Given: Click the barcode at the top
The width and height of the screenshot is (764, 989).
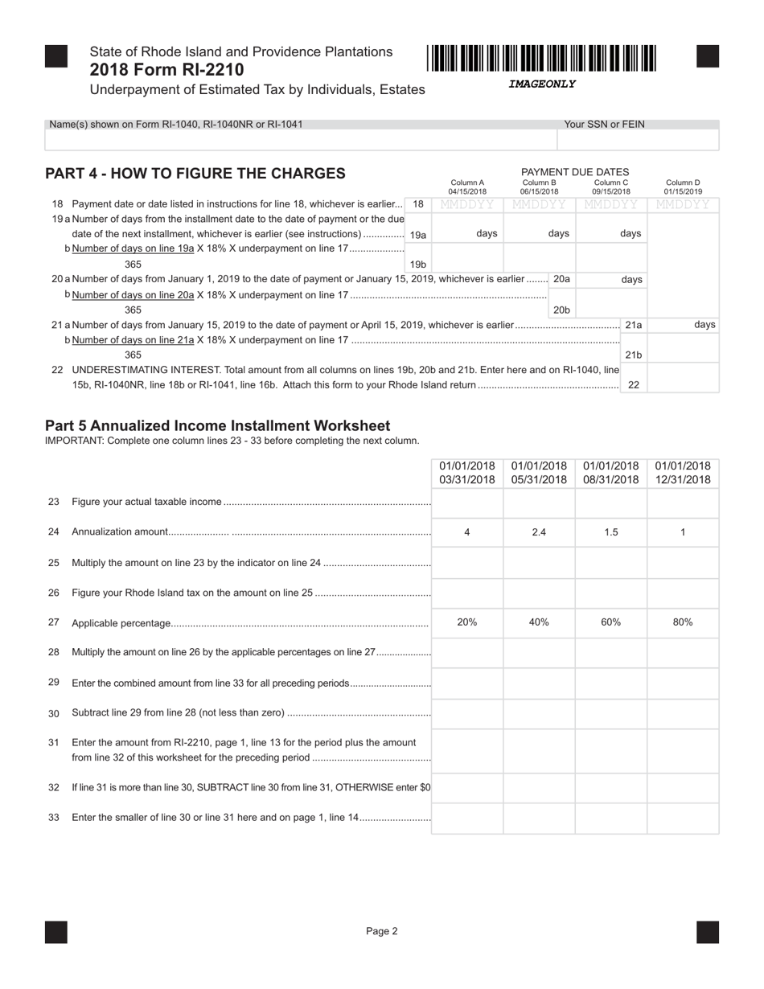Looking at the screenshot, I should click(542, 60).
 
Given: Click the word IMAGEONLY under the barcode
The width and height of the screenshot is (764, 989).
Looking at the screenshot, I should click(542, 84).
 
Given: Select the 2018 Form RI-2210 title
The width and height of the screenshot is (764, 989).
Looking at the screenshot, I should click(167, 70).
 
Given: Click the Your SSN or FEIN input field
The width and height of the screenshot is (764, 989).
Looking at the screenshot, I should click(638, 140).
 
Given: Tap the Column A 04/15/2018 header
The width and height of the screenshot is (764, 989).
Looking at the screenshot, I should click(467, 187).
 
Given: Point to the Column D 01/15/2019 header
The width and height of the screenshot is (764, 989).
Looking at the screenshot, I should click(683, 187).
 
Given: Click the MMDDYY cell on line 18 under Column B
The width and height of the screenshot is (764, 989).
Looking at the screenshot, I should click(539, 205).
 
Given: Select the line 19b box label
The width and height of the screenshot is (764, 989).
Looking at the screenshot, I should click(418, 265).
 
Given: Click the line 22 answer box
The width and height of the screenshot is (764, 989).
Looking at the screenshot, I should click(683, 378).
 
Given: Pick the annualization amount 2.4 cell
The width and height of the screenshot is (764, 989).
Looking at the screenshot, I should click(539, 532).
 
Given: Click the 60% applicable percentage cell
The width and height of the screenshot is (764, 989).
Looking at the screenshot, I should click(611, 622).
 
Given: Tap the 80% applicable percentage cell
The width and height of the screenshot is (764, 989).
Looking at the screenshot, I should click(683, 622).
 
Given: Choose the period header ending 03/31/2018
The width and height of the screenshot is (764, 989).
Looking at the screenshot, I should click(467, 473).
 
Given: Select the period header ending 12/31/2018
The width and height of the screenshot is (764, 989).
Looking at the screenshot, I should click(683, 473).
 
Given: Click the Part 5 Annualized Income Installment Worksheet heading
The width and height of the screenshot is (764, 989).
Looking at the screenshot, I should click(217, 425).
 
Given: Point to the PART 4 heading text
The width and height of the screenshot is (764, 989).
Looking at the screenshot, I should click(195, 174).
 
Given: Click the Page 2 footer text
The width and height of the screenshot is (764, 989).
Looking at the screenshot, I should click(382, 932).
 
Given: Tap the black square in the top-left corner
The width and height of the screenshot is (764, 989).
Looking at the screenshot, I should click(56, 56).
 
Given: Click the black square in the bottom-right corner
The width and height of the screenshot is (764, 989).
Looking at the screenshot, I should click(708, 932).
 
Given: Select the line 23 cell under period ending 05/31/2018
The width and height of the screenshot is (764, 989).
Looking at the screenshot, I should click(539, 503).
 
